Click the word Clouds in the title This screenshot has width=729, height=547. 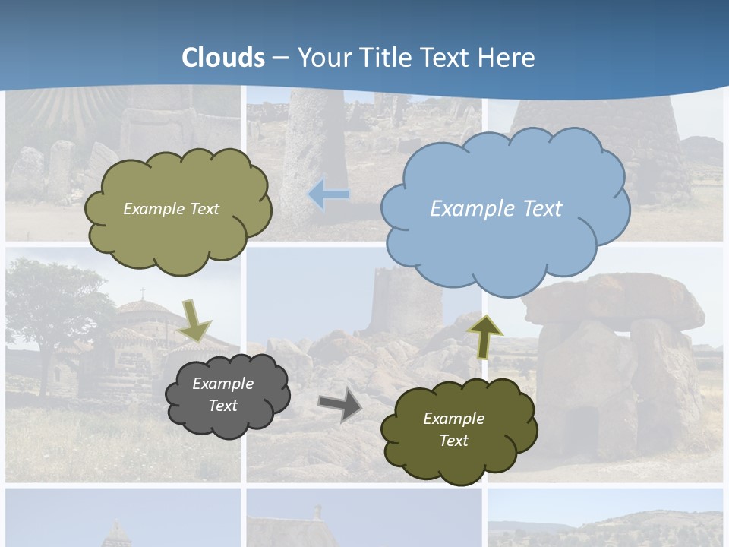click(x=223, y=58)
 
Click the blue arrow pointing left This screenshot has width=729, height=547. click(x=328, y=194)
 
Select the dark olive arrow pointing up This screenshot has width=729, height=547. click(x=484, y=335)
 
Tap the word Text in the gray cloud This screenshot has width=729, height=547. click(x=223, y=406)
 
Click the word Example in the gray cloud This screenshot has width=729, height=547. click(x=223, y=384)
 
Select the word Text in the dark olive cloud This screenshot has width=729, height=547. click(x=453, y=441)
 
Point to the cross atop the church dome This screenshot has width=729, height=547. click(x=142, y=292)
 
